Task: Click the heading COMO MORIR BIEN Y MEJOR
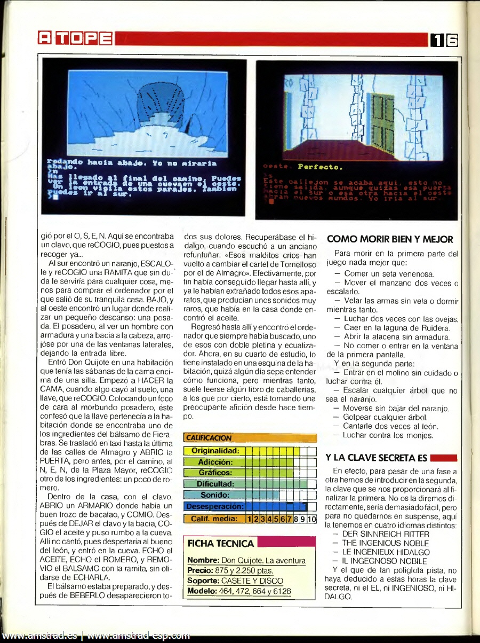[389, 239]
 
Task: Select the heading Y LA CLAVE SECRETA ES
[377, 458]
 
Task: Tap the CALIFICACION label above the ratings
[209, 438]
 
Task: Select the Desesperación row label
[215, 506]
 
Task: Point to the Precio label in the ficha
[200, 570]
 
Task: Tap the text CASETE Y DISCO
[252, 581]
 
